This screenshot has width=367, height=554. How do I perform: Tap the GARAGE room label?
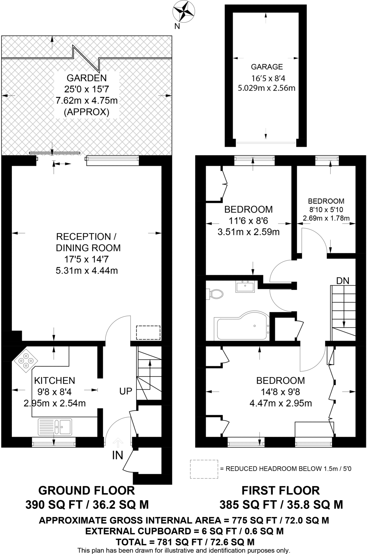(x=267, y=67)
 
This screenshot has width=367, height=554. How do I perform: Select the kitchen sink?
(x=55, y=427)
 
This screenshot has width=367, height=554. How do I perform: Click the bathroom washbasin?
(x=245, y=287)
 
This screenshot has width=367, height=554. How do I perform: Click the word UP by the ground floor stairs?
(x=126, y=391)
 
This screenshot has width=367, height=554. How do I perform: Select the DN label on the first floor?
(x=343, y=281)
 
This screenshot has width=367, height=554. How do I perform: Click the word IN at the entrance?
(x=118, y=455)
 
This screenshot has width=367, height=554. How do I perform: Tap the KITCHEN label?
(x=54, y=381)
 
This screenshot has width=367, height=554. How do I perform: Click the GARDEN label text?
(x=87, y=78)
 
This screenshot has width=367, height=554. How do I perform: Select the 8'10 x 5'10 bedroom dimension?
(x=326, y=209)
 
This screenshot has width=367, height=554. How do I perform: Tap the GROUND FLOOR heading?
(x=87, y=490)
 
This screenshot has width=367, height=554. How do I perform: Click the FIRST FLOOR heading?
(x=280, y=490)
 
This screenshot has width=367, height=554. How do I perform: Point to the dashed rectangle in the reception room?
(x=148, y=333)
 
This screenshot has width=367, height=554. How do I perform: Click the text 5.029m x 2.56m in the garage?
(x=267, y=88)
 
